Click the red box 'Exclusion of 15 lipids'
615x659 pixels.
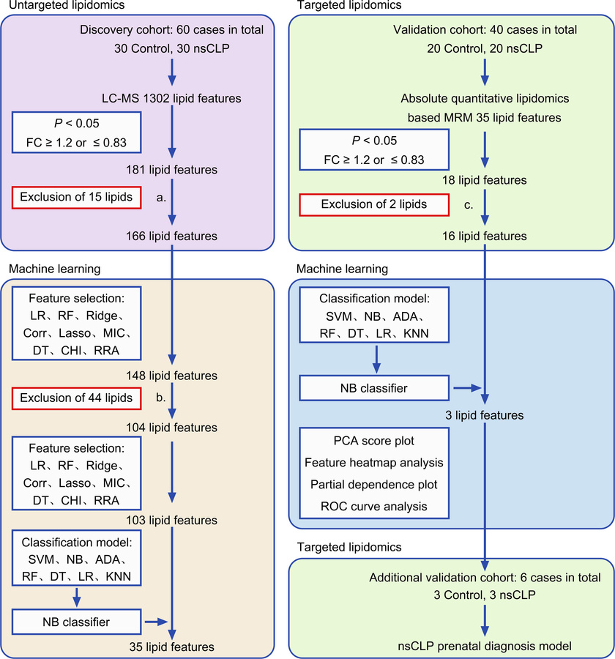(76, 197)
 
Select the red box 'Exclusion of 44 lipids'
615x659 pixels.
(76, 399)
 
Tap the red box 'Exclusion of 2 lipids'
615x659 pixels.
(374, 204)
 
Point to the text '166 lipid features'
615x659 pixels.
(171, 236)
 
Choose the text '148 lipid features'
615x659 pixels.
(171, 376)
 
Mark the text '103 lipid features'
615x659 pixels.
(171, 520)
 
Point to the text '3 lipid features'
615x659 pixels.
(484, 415)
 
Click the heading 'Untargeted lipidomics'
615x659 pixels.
(61, 5)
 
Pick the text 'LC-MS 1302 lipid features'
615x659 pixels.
(171, 97)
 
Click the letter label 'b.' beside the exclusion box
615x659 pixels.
(159, 399)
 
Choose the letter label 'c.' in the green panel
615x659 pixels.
(467, 204)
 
